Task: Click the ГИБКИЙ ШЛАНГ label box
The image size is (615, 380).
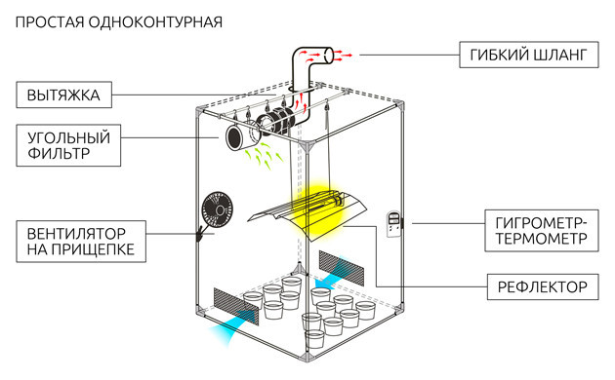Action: pyautogui.click(x=529, y=55)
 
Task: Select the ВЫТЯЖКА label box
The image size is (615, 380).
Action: pyautogui.click(x=63, y=95)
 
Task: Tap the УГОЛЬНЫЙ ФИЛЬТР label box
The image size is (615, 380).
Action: pyautogui.click(x=68, y=145)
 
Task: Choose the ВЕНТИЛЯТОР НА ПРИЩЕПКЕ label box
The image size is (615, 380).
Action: pyautogui.click(x=81, y=241)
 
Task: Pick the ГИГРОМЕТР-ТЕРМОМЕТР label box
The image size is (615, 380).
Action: pyautogui.click(x=542, y=231)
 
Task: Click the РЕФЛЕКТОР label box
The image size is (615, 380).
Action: pyautogui.click(x=543, y=286)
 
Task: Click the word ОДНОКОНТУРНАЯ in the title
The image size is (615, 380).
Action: pyautogui.click(x=155, y=22)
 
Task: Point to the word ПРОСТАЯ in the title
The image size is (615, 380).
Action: pyautogui.click(x=50, y=22)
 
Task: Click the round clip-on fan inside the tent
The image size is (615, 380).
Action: pyautogui.click(x=217, y=210)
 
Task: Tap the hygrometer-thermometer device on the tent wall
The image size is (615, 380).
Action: pyautogui.click(x=393, y=224)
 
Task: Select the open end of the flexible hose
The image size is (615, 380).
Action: pyautogui.click(x=329, y=56)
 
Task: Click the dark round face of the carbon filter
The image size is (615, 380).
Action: pyautogui.click(x=234, y=138)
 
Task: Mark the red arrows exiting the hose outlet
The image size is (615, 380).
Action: pyautogui.click(x=343, y=54)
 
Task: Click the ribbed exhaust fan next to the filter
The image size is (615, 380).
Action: pyautogui.click(x=275, y=121)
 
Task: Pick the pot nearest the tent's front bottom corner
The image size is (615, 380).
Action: pyautogui.click(x=314, y=338)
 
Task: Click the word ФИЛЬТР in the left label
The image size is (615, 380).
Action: pyautogui.click(x=59, y=153)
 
